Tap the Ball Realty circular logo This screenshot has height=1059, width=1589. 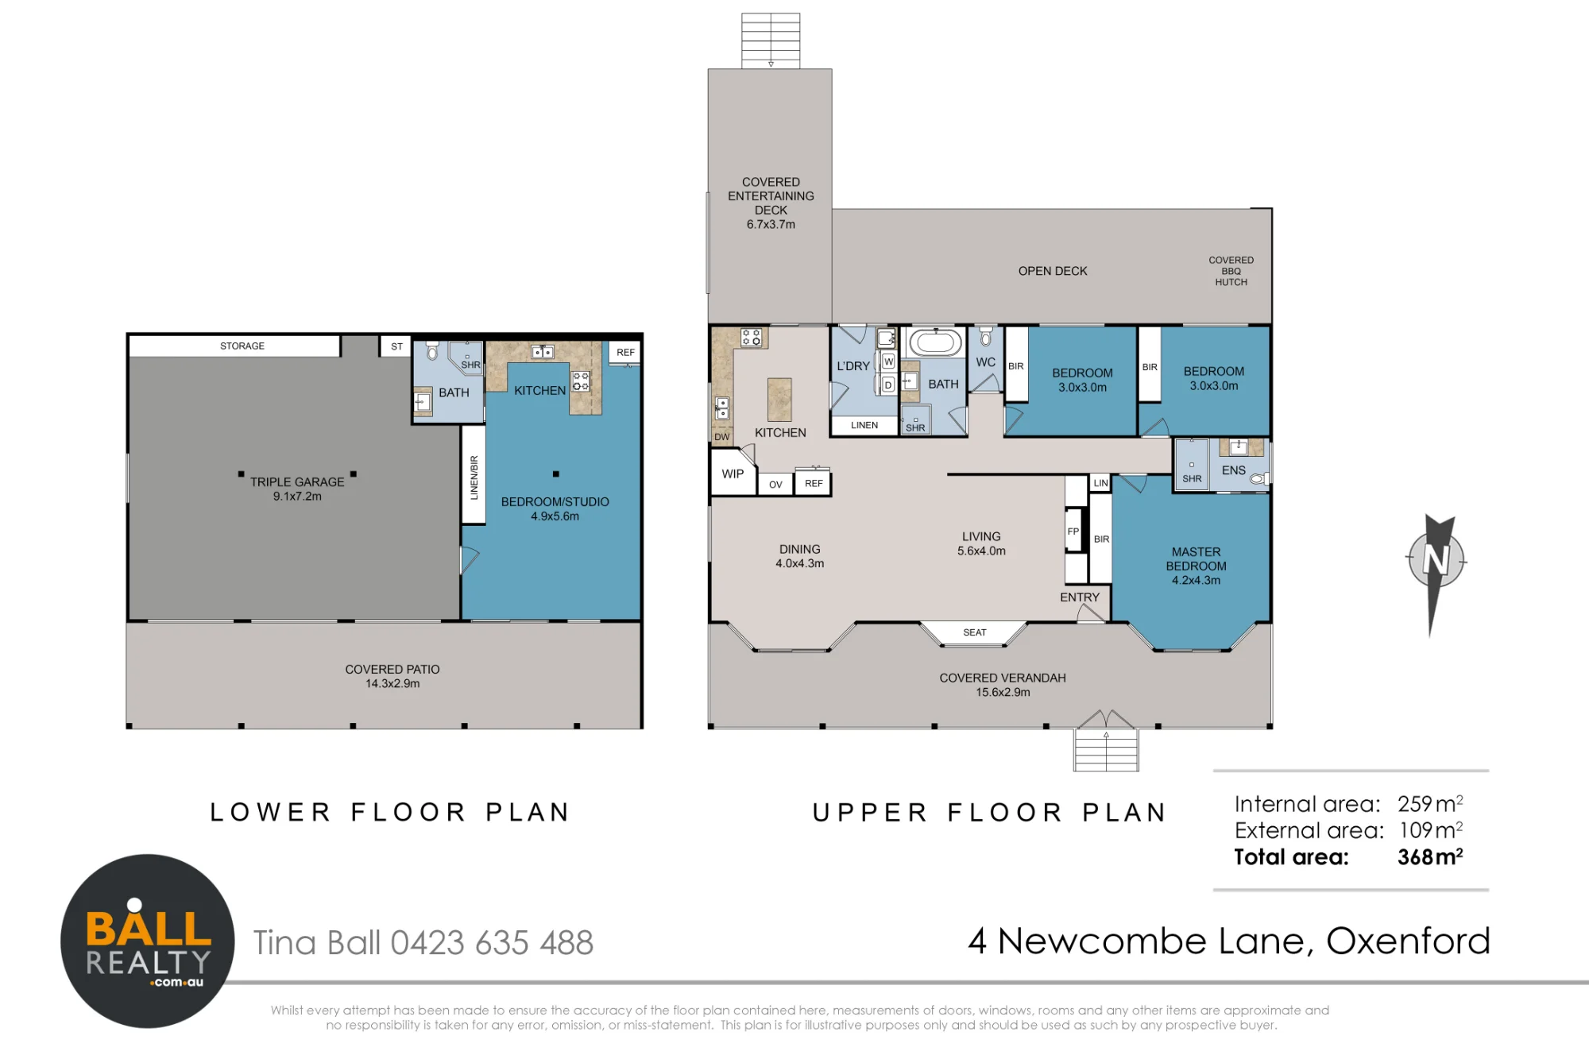[x=148, y=941]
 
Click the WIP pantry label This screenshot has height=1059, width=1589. [x=733, y=474]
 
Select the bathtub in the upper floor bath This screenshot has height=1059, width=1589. [x=935, y=342]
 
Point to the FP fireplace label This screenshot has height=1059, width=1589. [x=1073, y=531]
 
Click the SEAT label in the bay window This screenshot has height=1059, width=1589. [x=975, y=632]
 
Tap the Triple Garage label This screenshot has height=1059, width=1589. [x=297, y=489]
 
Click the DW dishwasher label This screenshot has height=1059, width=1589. [x=721, y=437]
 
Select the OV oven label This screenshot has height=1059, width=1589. [x=775, y=485]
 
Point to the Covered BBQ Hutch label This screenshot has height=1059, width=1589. [x=1231, y=271]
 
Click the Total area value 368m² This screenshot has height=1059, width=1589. [x=1430, y=856]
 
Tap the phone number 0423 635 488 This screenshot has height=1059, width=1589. [x=492, y=943]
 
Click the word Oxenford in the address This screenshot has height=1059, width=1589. [x=1408, y=941]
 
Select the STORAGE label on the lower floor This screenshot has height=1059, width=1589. [x=242, y=346]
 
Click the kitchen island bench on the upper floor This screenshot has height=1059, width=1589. [x=779, y=400]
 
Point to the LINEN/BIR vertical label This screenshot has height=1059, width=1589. [x=474, y=477]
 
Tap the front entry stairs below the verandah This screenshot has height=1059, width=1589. [x=1106, y=749]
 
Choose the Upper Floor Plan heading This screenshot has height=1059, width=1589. [x=989, y=812]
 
